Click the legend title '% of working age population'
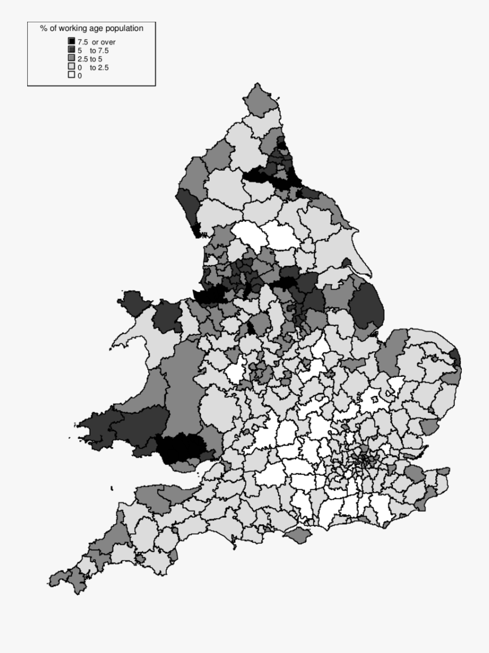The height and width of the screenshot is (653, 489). click(91, 28)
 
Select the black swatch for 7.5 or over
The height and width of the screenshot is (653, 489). click(71, 41)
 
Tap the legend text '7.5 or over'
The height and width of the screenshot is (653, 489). click(97, 42)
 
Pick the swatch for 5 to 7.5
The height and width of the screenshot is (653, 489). click(71, 50)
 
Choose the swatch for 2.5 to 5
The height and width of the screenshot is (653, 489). click(71, 59)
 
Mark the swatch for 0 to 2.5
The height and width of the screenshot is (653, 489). click(71, 67)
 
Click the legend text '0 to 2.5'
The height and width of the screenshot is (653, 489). click(93, 68)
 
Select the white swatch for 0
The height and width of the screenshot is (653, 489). click(71, 76)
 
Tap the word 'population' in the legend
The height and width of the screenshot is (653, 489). click(125, 28)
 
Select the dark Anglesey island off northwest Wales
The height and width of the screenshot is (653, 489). click(133, 302)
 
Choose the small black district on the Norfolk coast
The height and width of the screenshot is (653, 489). click(455, 358)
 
